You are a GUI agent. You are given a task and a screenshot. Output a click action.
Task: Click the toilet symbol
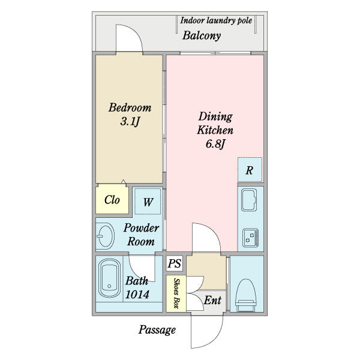(245, 295)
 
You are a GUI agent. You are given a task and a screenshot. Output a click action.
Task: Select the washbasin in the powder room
(106, 236)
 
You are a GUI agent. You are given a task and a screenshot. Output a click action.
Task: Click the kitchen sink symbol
(249, 200)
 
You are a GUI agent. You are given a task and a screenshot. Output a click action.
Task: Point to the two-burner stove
(250, 238)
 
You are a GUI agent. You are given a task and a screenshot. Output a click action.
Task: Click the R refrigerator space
(250, 170)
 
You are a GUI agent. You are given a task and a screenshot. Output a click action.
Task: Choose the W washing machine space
(148, 202)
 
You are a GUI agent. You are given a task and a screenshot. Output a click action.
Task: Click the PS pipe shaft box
(175, 263)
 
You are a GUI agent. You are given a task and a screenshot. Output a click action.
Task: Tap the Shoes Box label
(176, 293)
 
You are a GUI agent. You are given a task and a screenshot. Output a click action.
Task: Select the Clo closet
(112, 199)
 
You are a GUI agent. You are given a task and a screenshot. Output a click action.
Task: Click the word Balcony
(202, 36)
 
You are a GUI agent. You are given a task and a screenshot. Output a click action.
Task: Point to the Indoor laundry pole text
(216, 20)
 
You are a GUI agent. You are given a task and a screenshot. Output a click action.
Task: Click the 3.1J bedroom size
(130, 121)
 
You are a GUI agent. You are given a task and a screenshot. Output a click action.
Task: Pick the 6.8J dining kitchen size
(215, 144)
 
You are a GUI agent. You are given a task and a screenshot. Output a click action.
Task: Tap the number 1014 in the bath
(137, 295)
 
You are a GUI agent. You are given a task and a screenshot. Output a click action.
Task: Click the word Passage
(157, 330)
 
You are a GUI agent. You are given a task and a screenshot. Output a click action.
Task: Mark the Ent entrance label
(212, 301)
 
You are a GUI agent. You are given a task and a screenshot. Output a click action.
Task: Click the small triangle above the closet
(123, 182)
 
